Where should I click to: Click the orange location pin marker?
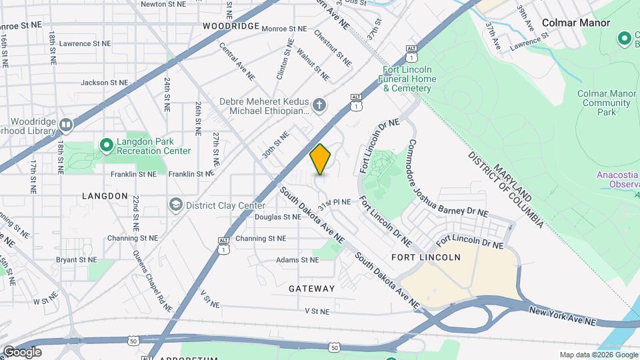tap(321, 159)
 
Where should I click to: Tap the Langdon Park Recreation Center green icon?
tap(106, 145)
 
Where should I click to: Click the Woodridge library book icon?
tap(65, 124)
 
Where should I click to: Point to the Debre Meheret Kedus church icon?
tap(320, 105)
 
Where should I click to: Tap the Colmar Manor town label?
tap(575, 23)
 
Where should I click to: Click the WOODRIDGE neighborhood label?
tap(231, 25)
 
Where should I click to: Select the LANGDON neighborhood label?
tap(105, 196)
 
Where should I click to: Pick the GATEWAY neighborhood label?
tap(312, 289)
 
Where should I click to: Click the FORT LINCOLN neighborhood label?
tap(435, 257)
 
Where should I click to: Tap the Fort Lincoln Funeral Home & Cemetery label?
tap(409, 79)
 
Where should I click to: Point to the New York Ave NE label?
tap(563, 316)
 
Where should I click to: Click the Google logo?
tap(22, 352)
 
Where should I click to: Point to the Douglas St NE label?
tap(277, 217)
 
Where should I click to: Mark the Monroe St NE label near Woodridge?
tap(284, 29)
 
